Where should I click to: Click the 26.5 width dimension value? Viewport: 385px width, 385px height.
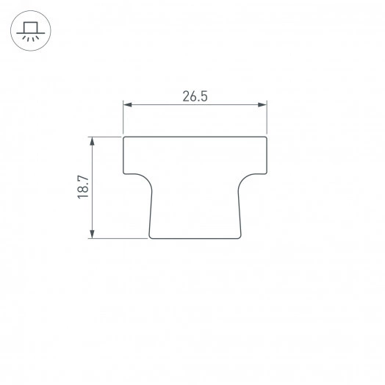click(x=194, y=96)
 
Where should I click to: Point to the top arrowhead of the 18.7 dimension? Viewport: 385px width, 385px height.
click(x=92, y=141)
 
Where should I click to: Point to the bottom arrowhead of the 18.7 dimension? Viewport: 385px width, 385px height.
click(x=92, y=234)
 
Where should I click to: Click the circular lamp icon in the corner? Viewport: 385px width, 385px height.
click(x=29, y=32)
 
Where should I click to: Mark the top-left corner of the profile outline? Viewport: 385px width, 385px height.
click(x=123, y=137)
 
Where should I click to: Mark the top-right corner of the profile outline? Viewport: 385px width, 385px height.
click(x=265, y=137)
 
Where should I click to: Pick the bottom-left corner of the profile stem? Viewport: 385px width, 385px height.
click(x=150, y=237)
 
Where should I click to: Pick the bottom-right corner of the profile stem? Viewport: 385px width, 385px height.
click(x=240, y=237)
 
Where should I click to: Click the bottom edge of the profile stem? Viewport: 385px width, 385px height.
click(x=195, y=238)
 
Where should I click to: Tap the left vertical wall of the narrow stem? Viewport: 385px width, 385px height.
click(x=151, y=213)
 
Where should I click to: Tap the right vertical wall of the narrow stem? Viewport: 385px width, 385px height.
click(x=239, y=213)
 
